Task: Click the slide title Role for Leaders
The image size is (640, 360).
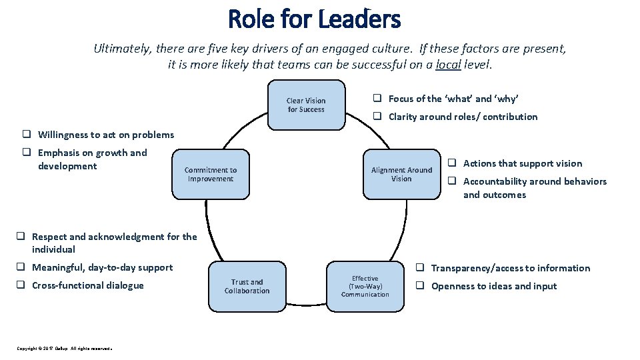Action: coord(314,19)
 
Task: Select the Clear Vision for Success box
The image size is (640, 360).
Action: coord(306,105)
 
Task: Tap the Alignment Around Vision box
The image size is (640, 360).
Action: coord(401,175)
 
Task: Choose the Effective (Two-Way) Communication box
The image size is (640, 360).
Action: coord(365,287)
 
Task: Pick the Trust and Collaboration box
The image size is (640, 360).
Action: coord(247,287)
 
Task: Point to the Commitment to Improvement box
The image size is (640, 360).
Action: coord(211,175)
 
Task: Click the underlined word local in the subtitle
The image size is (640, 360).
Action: coord(448,65)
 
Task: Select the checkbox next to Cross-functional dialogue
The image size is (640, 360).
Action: coord(21,285)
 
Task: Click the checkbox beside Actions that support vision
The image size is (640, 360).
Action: coord(451,163)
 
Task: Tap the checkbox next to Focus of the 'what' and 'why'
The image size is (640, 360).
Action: coord(377,99)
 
